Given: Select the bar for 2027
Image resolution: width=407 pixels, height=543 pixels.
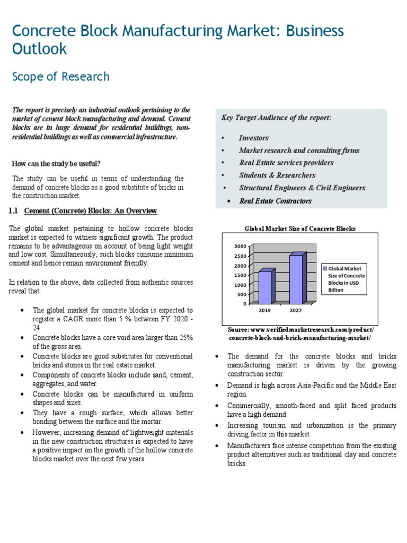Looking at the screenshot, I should (x=296, y=279).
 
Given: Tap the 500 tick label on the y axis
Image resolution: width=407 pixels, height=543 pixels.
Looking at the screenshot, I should (x=241, y=294).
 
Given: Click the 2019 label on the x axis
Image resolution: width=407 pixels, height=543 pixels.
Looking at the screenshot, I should (x=264, y=310).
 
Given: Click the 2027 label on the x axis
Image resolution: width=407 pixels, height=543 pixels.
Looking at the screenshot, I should (x=295, y=310).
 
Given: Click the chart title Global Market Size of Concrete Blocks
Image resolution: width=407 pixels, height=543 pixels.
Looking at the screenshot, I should (x=299, y=229).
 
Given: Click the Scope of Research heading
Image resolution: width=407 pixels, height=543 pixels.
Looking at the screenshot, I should (x=60, y=77).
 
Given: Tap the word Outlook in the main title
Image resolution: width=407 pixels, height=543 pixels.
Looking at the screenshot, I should (x=40, y=49).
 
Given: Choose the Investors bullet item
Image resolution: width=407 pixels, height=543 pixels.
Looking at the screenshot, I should (x=253, y=138).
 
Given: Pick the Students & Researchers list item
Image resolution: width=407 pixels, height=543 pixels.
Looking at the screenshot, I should (x=277, y=175).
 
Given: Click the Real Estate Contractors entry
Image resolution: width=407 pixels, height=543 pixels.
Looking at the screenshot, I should (x=275, y=201).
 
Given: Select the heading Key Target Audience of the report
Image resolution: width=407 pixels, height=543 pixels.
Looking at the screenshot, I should (x=276, y=118).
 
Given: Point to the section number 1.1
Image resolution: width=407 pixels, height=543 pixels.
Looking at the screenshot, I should (x=14, y=211).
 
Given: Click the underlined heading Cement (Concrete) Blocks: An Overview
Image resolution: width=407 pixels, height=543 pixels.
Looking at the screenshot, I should (x=91, y=211).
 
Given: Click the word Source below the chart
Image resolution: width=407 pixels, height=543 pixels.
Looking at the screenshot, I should (x=238, y=330).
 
